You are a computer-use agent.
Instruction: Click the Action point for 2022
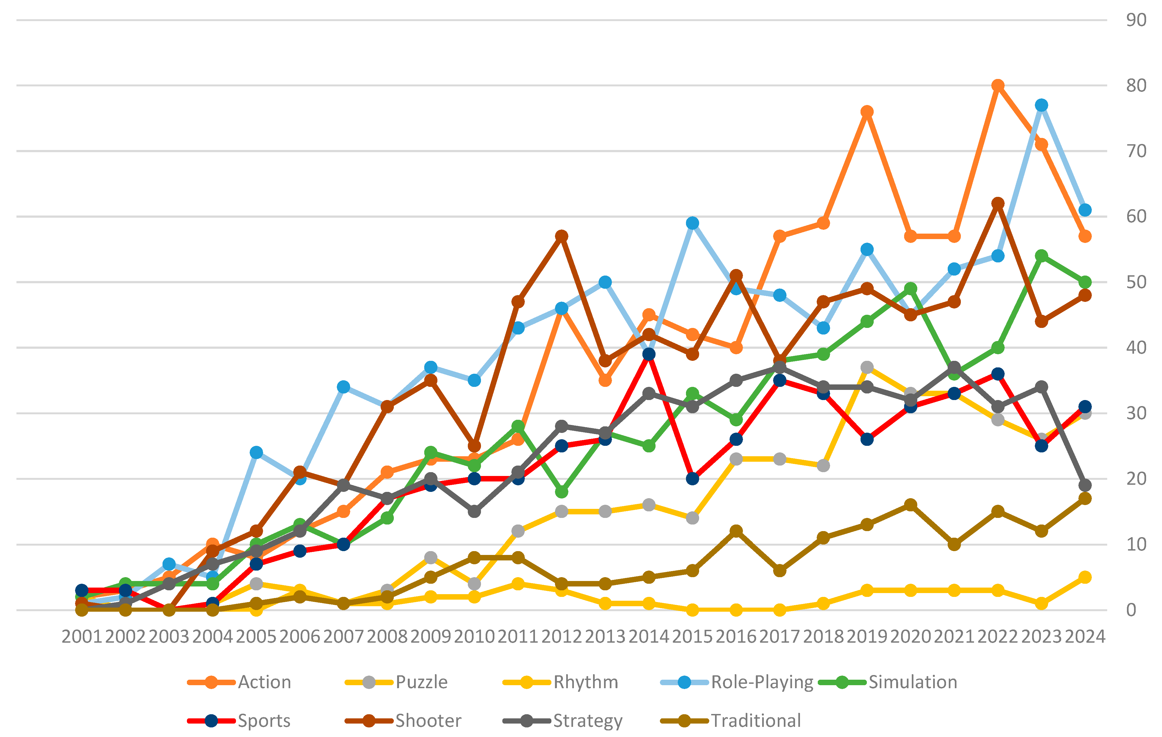click(x=998, y=86)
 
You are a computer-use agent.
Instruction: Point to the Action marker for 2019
click(x=867, y=112)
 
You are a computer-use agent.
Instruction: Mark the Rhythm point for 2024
click(x=1085, y=577)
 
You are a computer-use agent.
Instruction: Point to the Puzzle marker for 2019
click(x=867, y=368)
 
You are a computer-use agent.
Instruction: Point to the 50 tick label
click(x=1136, y=282)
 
